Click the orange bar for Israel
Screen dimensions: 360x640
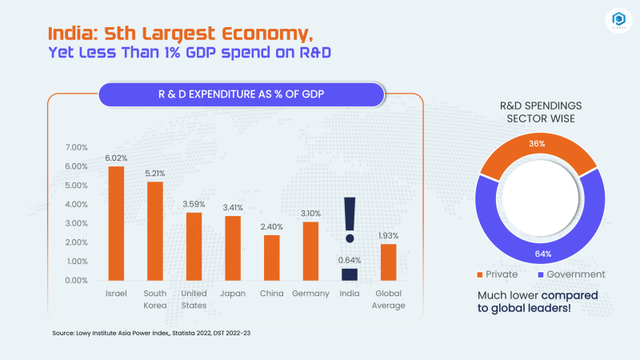click(x=116, y=223)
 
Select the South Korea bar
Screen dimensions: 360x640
click(x=155, y=231)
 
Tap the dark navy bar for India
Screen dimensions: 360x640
click(x=350, y=274)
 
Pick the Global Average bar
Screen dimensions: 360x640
click(x=388, y=262)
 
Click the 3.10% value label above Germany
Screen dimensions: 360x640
click(x=311, y=214)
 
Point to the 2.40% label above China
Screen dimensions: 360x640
click(x=272, y=227)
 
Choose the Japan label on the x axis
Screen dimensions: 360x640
click(x=233, y=294)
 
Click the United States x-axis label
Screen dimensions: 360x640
click(x=194, y=299)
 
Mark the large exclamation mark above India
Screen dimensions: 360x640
click(x=349, y=220)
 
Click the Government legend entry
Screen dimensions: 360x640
click(x=571, y=274)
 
